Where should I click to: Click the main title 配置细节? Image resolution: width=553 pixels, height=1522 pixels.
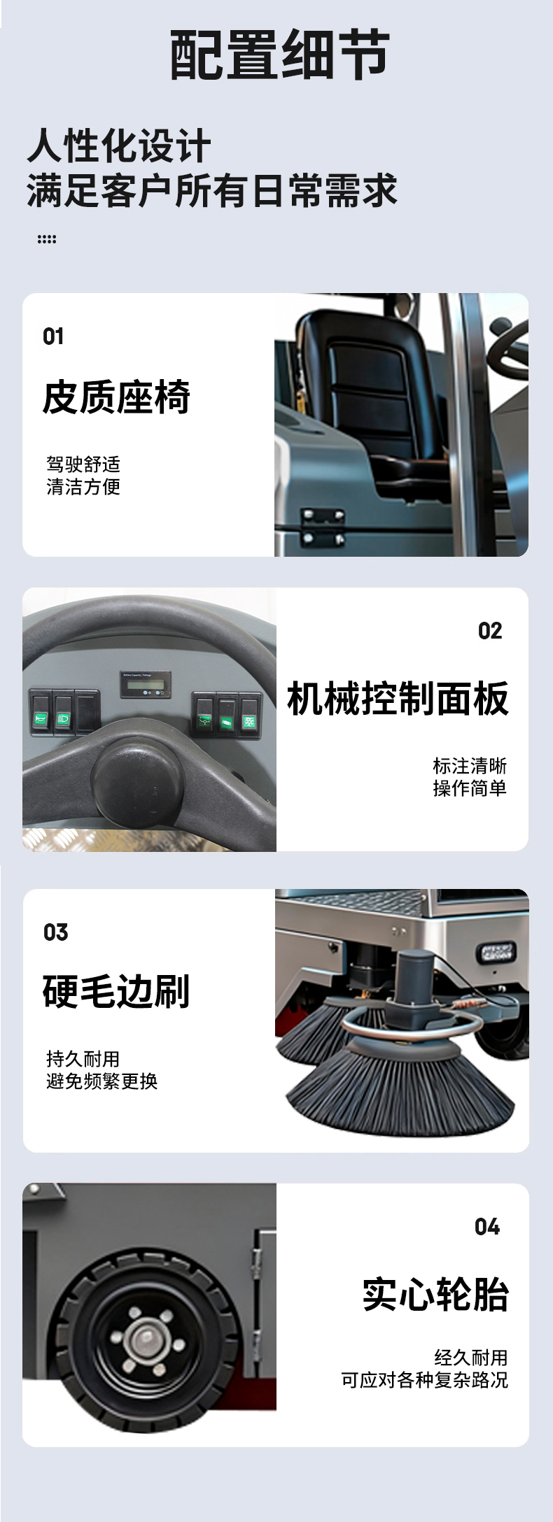pyautogui.click(x=279, y=55)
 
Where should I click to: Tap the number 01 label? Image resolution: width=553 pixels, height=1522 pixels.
pyautogui.click(x=53, y=336)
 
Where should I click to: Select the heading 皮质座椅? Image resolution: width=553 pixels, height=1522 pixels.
pyautogui.click(x=116, y=397)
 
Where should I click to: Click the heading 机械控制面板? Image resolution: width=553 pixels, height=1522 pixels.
pyautogui.click(x=398, y=698)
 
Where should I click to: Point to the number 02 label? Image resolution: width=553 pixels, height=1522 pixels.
pyautogui.click(x=490, y=631)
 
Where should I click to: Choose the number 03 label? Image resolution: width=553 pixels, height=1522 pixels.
pyautogui.click(x=56, y=932)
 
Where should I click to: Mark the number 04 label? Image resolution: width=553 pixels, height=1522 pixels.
pyautogui.click(x=487, y=1227)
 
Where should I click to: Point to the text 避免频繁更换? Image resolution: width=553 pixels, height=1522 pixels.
pyautogui.click(x=102, y=1081)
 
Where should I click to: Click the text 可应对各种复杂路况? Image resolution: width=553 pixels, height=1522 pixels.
pyautogui.click(x=425, y=1379)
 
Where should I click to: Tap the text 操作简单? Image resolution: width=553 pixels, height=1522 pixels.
pyautogui.click(x=470, y=788)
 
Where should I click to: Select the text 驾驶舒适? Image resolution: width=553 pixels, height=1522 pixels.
pyautogui.click(x=83, y=464)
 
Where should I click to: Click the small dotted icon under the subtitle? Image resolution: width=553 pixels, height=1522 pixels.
pyautogui.click(x=47, y=239)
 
